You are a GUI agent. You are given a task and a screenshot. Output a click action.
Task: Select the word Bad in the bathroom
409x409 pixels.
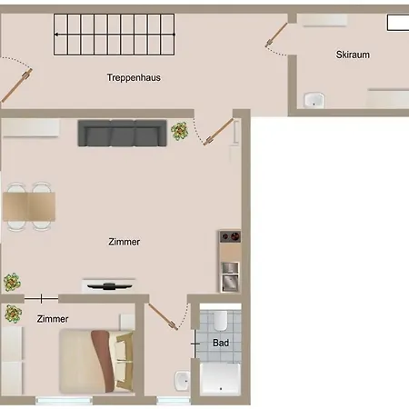pos(220,343)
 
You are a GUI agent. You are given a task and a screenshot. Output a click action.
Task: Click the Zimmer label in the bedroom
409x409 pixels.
pos(53,319)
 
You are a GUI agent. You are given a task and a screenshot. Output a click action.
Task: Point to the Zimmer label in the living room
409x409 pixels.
pos(124,242)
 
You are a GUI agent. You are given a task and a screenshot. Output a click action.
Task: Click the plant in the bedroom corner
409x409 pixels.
pos(13,314)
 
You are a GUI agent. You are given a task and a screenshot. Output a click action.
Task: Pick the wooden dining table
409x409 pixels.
pos(29,207)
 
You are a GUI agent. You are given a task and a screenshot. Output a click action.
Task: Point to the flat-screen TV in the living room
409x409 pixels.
pos(109,284)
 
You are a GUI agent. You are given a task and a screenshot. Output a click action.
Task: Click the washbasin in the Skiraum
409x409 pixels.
pos(314,99)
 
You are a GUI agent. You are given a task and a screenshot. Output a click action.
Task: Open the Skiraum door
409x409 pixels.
pos(276,33)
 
